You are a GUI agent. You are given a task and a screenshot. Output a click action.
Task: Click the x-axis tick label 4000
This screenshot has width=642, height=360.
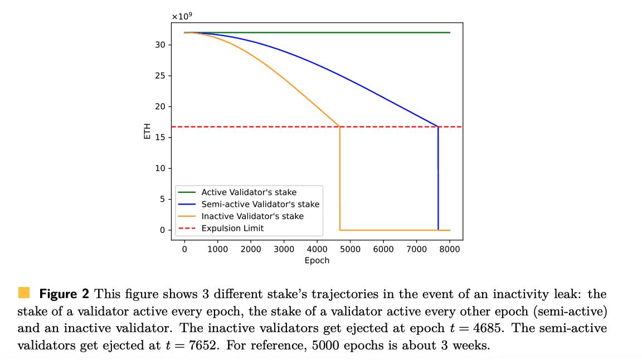click(x=317, y=249)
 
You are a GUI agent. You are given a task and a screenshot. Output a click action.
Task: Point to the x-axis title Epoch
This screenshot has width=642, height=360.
click(x=317, y=260)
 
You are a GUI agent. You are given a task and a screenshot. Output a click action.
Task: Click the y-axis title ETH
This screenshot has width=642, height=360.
click(x=147, y=132)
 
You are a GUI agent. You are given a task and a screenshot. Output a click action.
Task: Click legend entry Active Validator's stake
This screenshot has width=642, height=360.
click(x=249, y=192)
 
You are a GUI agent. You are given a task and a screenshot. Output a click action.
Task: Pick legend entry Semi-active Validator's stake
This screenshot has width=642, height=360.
click(x=260, y=204)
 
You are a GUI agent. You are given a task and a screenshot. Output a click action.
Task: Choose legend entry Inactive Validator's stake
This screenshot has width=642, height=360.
click(x=252, y=216)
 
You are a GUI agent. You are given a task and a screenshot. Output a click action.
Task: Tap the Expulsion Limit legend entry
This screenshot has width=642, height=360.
click(x=232, y=228)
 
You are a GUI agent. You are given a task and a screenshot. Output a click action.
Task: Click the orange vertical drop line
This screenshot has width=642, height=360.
click(x=339, y=178)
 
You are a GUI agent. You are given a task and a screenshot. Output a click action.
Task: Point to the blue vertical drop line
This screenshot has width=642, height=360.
click(x=438, y=178)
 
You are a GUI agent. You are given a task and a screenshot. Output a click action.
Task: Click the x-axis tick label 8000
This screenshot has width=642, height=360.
click(x=450, y=249)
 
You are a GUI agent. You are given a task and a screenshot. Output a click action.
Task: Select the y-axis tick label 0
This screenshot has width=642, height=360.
click(x=162, y=230)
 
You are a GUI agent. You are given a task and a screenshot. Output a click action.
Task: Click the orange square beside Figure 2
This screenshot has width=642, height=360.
click(x=24, y=293)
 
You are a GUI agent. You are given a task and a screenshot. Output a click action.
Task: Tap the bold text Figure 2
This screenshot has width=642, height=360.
click(x=65, y=294)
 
